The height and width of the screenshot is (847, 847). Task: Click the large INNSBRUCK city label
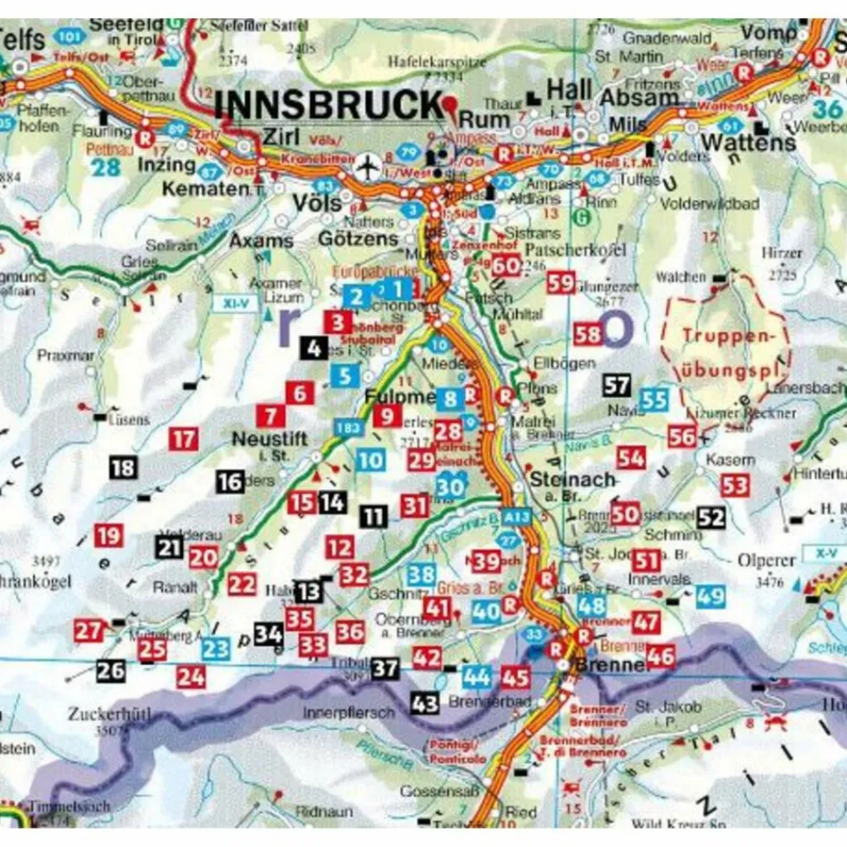[329, 106]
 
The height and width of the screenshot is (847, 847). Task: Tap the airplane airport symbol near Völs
[365, 166]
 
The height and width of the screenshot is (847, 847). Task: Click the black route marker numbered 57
[617, 385]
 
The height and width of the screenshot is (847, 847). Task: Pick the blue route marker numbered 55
[654, 400]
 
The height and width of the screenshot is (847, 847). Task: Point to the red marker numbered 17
[184, 438]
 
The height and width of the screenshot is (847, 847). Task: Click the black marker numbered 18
[122, 468]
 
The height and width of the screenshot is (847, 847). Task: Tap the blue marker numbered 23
[215, 648]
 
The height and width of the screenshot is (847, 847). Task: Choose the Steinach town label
[573, 480]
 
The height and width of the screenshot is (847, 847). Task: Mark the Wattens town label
[748, 142]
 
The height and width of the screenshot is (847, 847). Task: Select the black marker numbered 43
[425, 704]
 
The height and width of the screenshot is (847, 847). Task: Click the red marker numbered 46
[660, 657]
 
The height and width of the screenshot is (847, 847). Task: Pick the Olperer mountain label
[766, 560]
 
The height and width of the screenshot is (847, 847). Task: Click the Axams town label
[261, 241]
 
